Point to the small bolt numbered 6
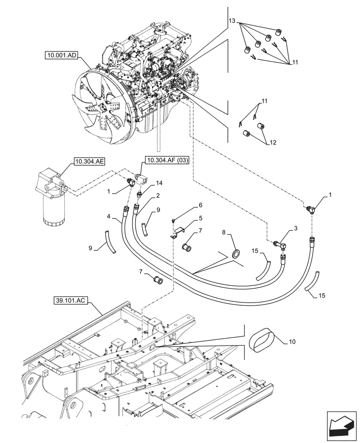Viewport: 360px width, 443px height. point(174,220)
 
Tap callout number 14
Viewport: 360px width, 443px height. point(159,183)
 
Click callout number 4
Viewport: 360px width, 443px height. point(109,216)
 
